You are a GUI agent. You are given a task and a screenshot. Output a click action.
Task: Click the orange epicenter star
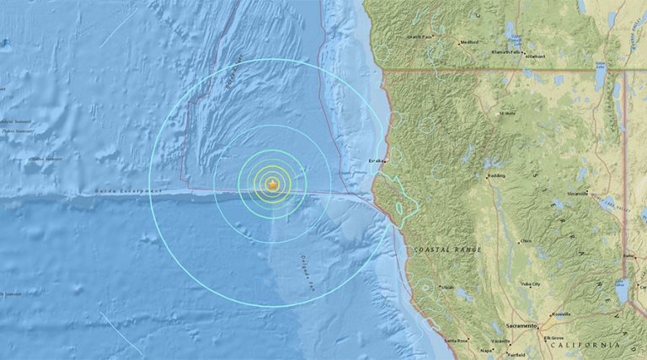[x=272, y=184]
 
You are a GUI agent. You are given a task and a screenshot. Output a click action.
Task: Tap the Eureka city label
[x=377, y=160]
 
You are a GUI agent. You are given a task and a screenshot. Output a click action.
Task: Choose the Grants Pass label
[x=419, y=37]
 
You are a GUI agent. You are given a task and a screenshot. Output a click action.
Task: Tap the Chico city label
[x=527, y=242]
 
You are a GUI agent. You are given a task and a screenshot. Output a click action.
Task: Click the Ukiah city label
[x=447, y=287]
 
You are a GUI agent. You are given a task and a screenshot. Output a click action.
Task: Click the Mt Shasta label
[x=506, y=112]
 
